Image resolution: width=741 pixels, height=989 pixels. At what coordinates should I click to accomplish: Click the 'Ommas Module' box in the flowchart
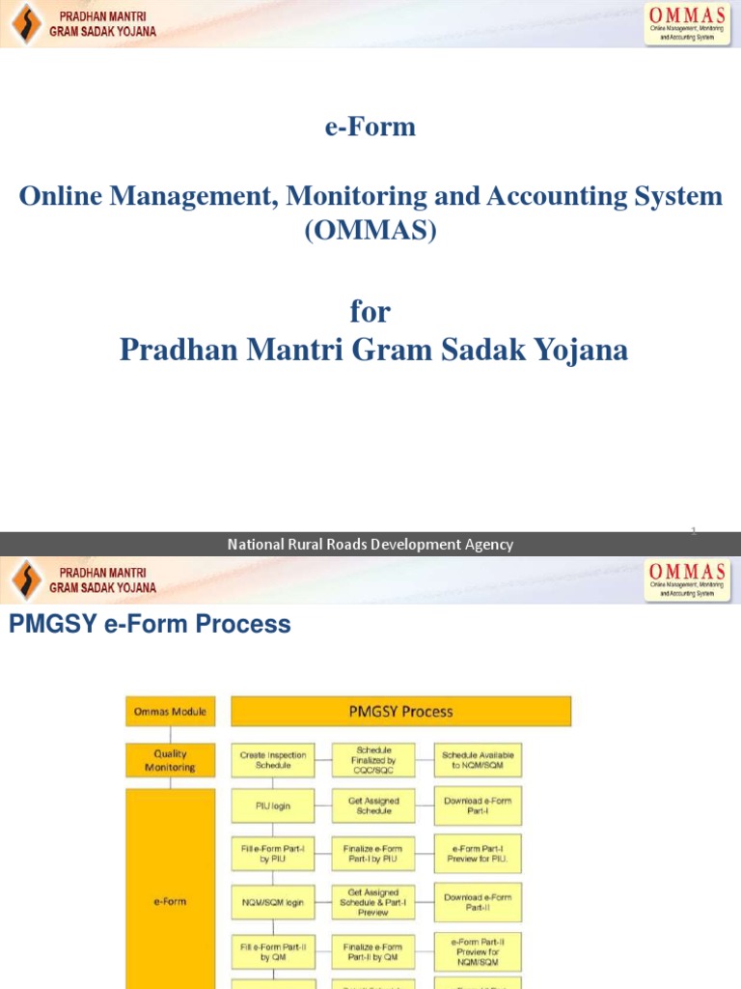(170, 712)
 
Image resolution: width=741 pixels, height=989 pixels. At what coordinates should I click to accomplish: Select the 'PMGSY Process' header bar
(400, 712)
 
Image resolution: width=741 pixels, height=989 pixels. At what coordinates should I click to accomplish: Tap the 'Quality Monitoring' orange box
(170, 760)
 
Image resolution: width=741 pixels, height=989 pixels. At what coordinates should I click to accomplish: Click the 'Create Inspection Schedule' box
(273, 760)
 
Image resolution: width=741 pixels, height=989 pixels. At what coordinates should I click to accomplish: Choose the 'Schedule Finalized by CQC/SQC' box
(373, 760)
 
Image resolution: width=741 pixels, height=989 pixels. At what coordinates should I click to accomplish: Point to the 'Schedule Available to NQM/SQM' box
(478, 760)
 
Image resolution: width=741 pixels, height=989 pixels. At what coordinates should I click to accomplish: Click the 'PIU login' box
(273, 805)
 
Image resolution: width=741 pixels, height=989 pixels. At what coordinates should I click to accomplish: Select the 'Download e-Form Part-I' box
(478, 805)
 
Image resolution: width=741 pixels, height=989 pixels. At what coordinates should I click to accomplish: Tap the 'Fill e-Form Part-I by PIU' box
(273, 853)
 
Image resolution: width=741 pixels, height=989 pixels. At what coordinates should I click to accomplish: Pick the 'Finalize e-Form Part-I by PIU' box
(373, 853)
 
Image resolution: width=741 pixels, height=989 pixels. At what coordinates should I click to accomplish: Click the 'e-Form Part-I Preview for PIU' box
(478, 853)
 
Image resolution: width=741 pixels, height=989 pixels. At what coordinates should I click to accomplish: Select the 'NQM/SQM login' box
(273, 902)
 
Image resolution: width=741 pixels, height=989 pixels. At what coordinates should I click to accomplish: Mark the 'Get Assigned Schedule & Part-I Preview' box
(373, 902)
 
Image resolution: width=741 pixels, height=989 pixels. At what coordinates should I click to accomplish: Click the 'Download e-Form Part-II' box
(478, 902)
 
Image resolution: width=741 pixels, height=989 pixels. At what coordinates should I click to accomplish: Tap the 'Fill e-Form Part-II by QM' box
(273, 952)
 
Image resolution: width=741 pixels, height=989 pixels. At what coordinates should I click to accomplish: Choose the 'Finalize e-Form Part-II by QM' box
(373, 952)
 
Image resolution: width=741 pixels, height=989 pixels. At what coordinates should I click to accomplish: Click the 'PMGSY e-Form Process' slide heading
(150, 625)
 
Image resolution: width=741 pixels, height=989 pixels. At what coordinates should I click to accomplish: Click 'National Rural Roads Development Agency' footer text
(370, 545)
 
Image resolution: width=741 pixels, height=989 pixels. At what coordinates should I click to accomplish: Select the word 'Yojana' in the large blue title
(576, 350)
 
